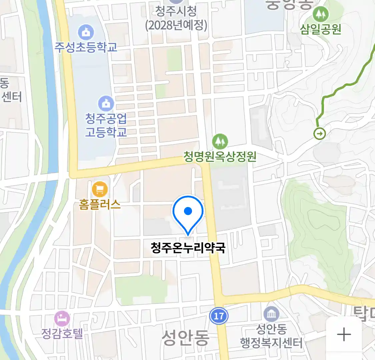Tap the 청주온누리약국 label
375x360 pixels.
click(188, 248)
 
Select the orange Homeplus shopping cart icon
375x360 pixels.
click(100, 190)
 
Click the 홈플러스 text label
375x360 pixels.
click(100, 204)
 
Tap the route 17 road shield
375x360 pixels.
click(219, 315)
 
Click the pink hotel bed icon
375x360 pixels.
click(62, 319)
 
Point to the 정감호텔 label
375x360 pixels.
click(62, 333)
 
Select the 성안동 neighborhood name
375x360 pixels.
click(185, 338)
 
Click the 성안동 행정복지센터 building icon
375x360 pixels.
click(271, 314)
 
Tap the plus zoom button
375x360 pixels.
click(344, 334)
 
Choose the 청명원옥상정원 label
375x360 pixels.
click(220, 157)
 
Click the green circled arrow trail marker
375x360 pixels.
click(320, 134)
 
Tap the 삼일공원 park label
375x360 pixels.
click(321, 29)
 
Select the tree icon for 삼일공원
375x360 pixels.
click(321, 14)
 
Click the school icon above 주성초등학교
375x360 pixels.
click(86, 32)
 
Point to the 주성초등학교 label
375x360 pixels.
click(86, 47)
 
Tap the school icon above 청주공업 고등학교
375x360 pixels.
click(106, 104)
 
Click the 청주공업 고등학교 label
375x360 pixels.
click(106, 125)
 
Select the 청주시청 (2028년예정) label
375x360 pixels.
click(176, 18)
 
